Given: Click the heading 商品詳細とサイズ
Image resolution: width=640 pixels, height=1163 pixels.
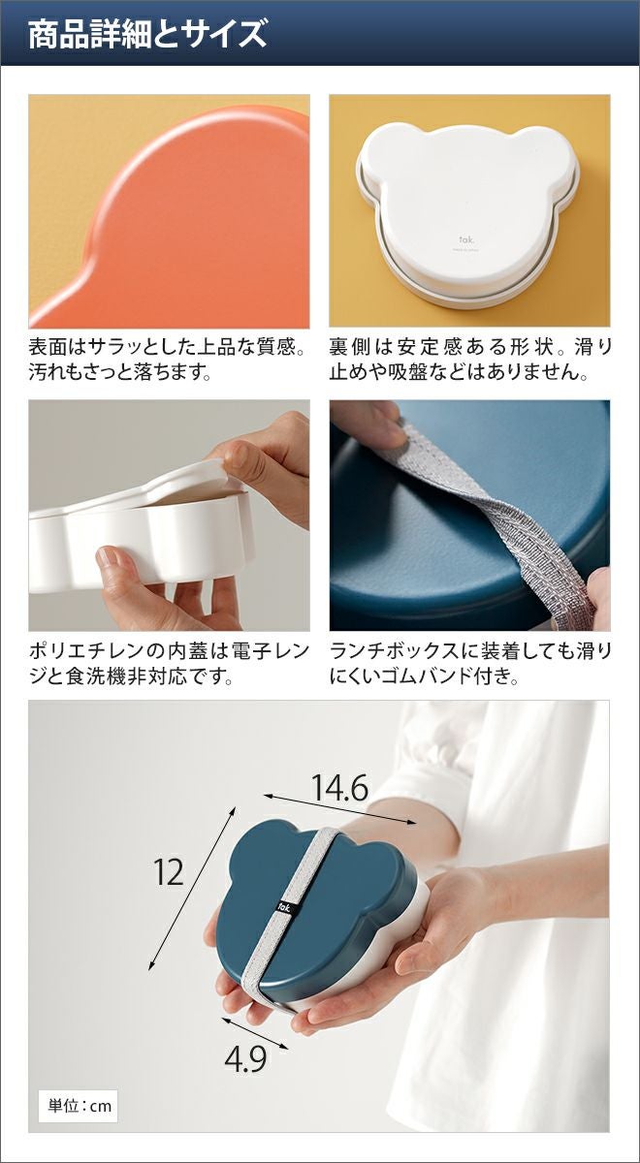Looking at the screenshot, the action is [x=147, y=35].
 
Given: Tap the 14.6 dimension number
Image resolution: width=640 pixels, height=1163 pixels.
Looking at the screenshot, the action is [x=339, y=787].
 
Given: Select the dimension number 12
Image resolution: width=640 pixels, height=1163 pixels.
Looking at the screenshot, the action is [x=169, y=872].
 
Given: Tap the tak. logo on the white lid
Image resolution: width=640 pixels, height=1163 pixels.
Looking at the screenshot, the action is [x=464, y=239].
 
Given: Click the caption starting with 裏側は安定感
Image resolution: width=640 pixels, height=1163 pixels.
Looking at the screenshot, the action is [x=470, y=360].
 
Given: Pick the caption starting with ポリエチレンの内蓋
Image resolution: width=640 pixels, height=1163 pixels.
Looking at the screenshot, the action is [x=170, y=664].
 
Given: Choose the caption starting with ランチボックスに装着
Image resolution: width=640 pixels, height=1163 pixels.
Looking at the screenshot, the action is [x=470, y=664].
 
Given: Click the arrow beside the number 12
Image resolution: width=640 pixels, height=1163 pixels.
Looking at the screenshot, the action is [x=192, y=889].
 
